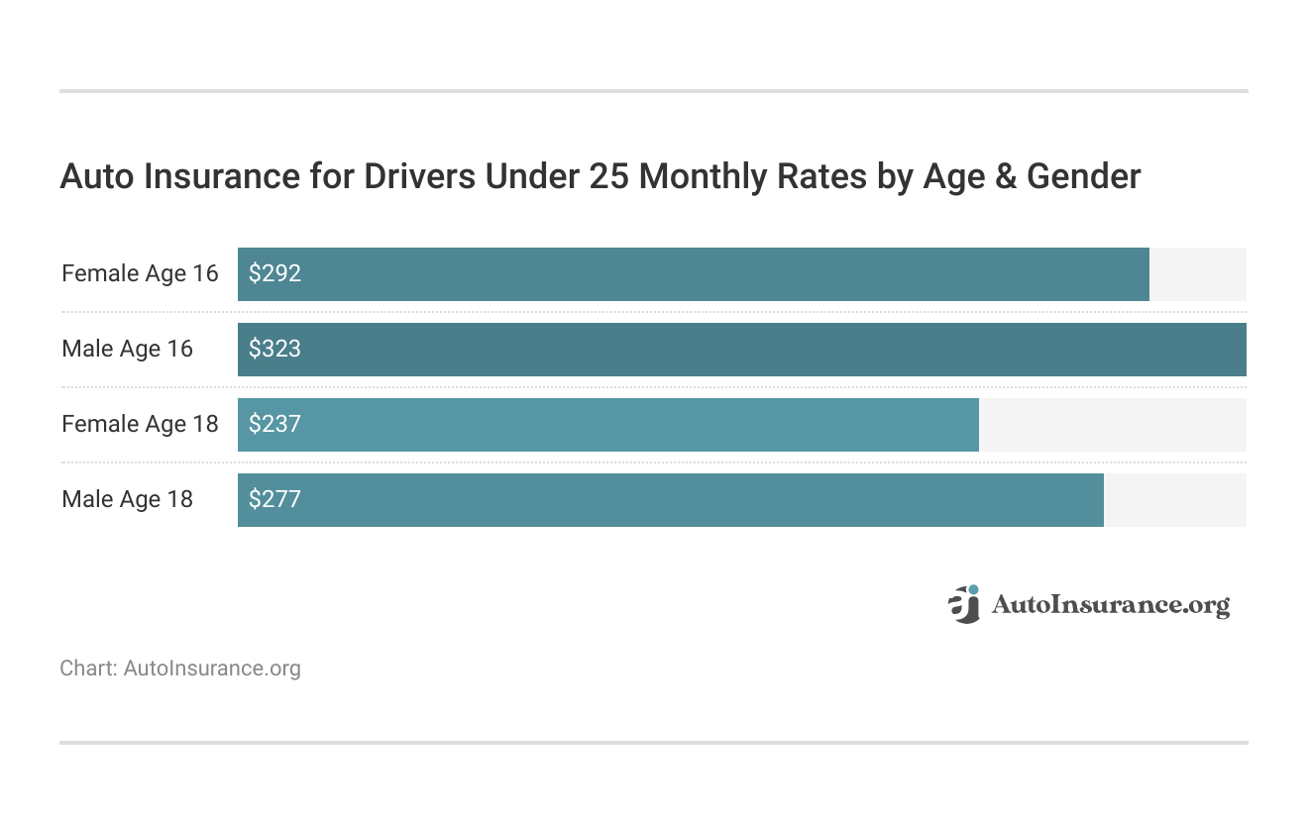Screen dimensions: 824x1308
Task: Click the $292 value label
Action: click(x=274, y=274)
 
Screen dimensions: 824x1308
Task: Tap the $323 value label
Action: click(x=274, y=350)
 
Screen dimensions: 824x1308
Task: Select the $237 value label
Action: click(x=274, y=425)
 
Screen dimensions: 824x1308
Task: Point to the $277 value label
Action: click(x=274, y=500)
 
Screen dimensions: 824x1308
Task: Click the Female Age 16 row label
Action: click(x=140, y=274)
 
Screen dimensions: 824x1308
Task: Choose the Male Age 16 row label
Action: click(x=127, y=350)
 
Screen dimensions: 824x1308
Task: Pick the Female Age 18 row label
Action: click(x=140, y=425)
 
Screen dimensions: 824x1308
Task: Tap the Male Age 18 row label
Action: click(x=127, y=500)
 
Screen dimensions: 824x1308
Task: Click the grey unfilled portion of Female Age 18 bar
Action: click(x=1112, y=425)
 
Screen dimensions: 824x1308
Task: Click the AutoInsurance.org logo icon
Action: click(x=963, y=604)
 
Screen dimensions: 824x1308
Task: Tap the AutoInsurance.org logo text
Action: click(x=1110, y=605)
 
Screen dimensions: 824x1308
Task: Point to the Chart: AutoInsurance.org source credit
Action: click(x=180, y=669)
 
